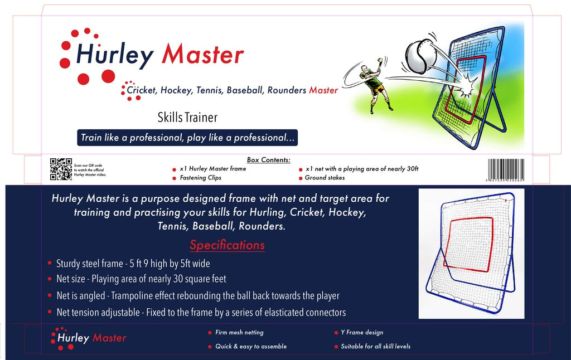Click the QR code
click(61, 169)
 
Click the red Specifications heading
click(227, 245)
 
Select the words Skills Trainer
click(187, 118)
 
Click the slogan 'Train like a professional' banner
click(187, 137)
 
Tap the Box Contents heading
click(268, 160)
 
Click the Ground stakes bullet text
click(325, 178)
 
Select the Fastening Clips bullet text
click(200, 178)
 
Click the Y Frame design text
click(362, 333)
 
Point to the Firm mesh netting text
click(239, 333)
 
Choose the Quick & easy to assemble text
click(251, 347)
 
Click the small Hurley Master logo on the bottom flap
click(89, 337)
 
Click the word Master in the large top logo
click(202, 55)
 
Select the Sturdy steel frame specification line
click(133, 264)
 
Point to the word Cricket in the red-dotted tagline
click(142, 90)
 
